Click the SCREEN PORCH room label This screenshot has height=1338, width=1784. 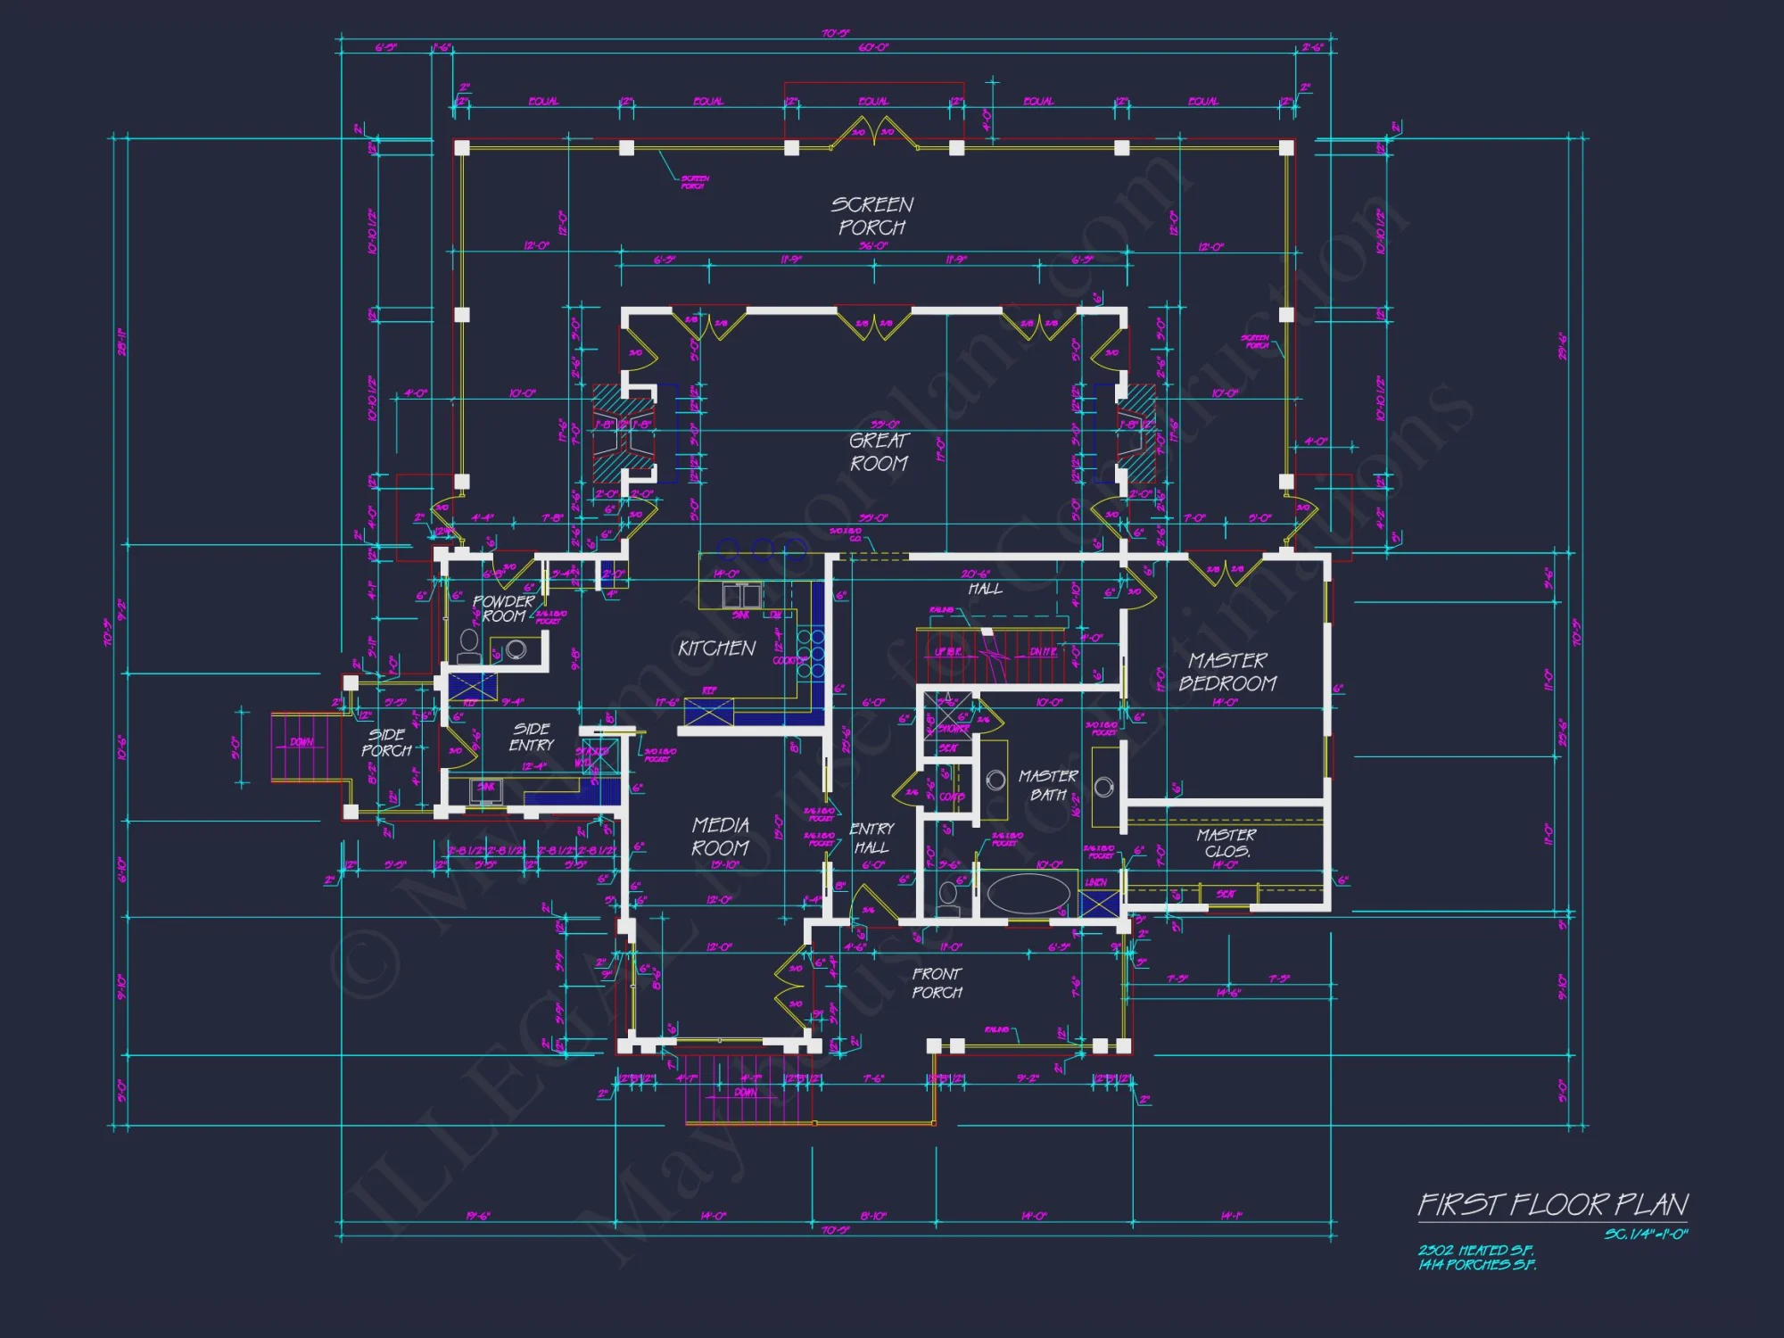click(x=872, y=216)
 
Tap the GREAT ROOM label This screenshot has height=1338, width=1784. click(x=879, y=451)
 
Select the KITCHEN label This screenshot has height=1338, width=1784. click(x=716, y=648)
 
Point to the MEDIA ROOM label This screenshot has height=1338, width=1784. click(x=720, y=836)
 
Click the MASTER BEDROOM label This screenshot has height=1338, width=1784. click(x=1227, y=672)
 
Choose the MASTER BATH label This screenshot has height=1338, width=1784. click(x=1048, y=785)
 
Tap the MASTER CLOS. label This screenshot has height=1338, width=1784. click(x=1226, y=842)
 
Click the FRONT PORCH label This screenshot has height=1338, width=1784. click(x=937, y=982)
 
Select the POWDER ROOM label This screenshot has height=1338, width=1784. click(x=503, y=608)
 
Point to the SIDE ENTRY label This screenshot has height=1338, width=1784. click(x=532, y=737)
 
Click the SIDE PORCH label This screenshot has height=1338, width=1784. click(x=386, y=742)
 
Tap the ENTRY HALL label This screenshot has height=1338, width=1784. click(x=871, y=838)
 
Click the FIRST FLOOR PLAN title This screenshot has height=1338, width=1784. click(x=1552, y=1205)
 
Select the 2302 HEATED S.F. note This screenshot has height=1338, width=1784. click(x=1476, y=1251)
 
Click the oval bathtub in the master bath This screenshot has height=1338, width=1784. click(x=1028, y=894)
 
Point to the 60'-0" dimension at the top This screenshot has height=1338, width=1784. click(x=873, y=47)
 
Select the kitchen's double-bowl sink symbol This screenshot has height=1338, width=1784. click(x=741, y=595)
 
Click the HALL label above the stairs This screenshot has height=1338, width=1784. click(x=986, y=589)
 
